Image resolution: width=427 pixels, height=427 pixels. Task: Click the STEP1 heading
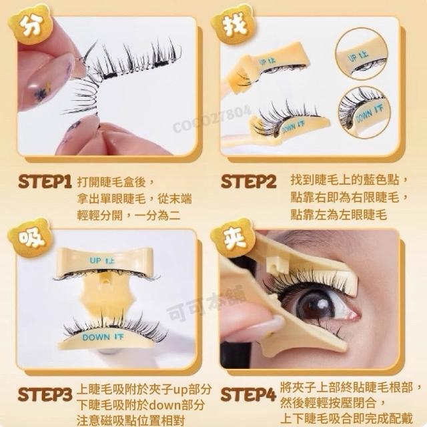(x=45, y=182)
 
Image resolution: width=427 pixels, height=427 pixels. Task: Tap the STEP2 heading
(x=248, y=182)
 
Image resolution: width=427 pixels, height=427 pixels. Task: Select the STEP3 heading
(x=45, y=394)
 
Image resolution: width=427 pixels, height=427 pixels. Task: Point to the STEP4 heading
(x=248, y=394)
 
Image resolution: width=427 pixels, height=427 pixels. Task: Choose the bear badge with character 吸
(x=31, y=238)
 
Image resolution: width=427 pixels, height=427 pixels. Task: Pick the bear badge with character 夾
(x=234, y=238)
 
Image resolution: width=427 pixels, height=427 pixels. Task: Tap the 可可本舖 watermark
(x=207, y=302)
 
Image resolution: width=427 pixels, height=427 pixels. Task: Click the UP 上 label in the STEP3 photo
(x=102, y=261)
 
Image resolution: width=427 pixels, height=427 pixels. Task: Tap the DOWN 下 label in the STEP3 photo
(x=103, y=338)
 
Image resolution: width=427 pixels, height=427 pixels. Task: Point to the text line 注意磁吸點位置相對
(x=131, y=420)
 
